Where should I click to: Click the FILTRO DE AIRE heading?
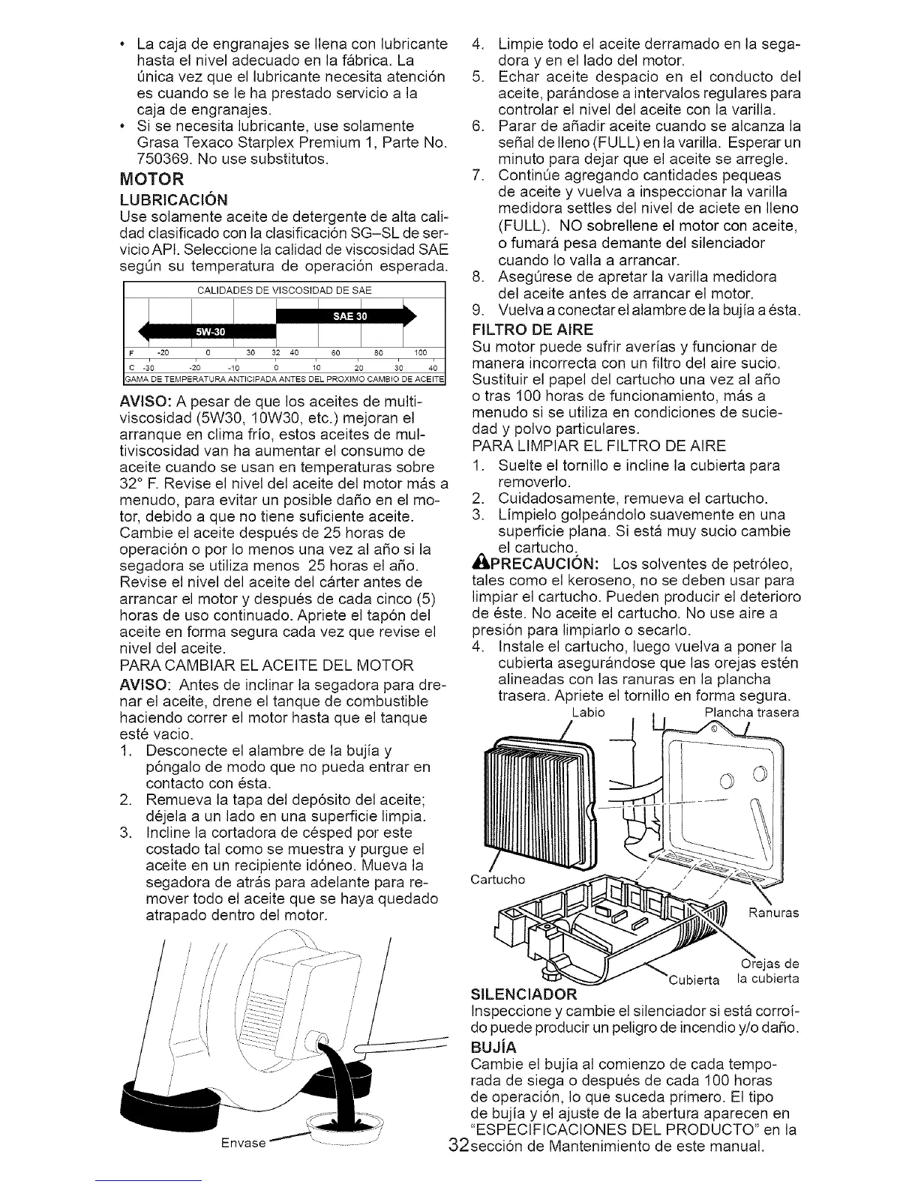[533, 330]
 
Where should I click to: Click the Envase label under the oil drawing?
[245, 1143]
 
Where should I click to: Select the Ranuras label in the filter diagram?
[774, 913]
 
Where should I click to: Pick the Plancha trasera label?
[742, 712]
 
